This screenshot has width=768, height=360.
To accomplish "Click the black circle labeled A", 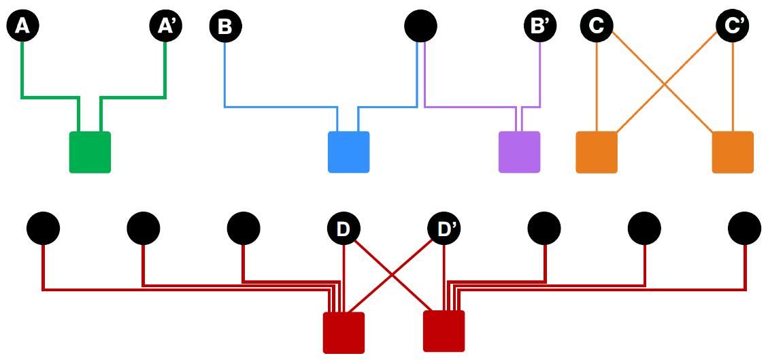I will pyautogui.click(x=22, y=27).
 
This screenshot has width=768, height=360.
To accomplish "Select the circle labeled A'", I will pyautogui.click(x=165, y=27).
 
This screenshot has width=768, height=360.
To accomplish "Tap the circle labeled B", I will pyautogui.click(x=225, y=27).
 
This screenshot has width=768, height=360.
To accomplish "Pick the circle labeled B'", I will pyautogui.click(x=541, y=27).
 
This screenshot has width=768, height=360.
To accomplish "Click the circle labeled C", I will pyautogui.click(x=597, y=27).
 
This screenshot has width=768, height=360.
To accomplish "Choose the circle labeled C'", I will pyautogui.click(x=733, y=27).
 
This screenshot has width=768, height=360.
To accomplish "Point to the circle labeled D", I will pyautogui.click(x=344, y=229).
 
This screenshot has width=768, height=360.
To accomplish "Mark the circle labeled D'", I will pyautogui.click(x=444, y=229).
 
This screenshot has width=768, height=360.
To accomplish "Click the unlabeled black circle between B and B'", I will pyautogui.click(x=420, y=27).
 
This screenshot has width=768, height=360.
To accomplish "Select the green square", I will pyautogui.click(x=90, y=152).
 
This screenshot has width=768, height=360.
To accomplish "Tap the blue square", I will pyautogui.click(x=348, y=152).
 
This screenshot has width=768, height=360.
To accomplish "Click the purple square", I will pyautogui.click(x=519, y=152).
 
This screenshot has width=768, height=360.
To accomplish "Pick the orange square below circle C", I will pyautogui.click(x=597, y=152).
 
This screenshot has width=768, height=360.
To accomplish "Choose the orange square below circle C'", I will pyautogui.click(x=733, y=152).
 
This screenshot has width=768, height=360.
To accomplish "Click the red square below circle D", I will pyautogui.click(x=344, y=332).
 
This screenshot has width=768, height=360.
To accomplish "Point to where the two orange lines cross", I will pyautogui.click(x=665, y=84).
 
